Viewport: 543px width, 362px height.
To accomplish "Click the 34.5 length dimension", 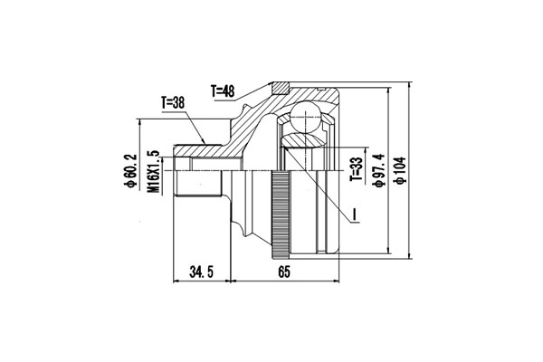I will pyautogui.click(x=201, y=271).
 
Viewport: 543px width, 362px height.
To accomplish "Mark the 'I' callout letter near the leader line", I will pyautogui.click(x=356, y=215).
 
